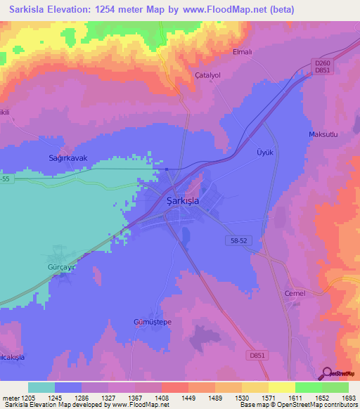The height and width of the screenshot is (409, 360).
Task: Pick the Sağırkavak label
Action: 67,158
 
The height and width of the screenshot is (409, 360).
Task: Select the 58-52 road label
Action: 239,240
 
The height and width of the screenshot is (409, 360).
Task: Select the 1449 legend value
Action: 188,398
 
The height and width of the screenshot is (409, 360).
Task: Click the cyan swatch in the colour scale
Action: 41,387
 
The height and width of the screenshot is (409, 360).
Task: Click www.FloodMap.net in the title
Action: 228,10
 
